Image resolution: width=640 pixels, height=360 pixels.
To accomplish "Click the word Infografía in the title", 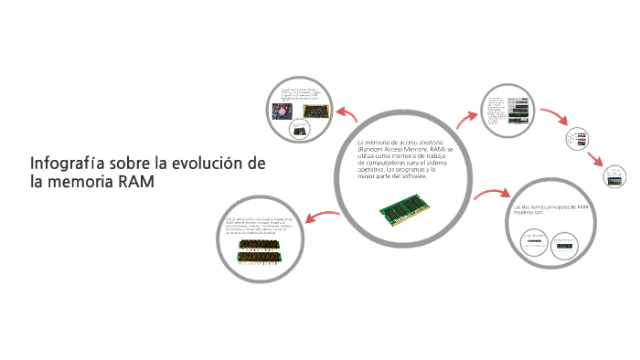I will [67, 164].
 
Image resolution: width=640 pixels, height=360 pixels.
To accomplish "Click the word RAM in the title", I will [135, 182].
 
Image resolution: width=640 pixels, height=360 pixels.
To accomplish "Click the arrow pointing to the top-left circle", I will [347, 115].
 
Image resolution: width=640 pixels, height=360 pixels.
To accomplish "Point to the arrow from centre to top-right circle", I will [469, 118].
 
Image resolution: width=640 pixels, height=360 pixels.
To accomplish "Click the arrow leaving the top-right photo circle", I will [554, 117].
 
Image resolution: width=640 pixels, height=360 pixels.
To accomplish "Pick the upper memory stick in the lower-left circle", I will [259, 245].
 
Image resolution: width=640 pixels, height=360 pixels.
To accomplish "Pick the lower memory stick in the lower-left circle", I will [259, 258].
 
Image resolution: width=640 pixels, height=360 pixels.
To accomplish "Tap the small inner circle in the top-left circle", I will [300, 130].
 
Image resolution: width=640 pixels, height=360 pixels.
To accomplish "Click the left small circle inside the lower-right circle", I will [533, 243].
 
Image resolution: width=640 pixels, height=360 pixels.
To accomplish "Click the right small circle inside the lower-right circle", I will [564, 243].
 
